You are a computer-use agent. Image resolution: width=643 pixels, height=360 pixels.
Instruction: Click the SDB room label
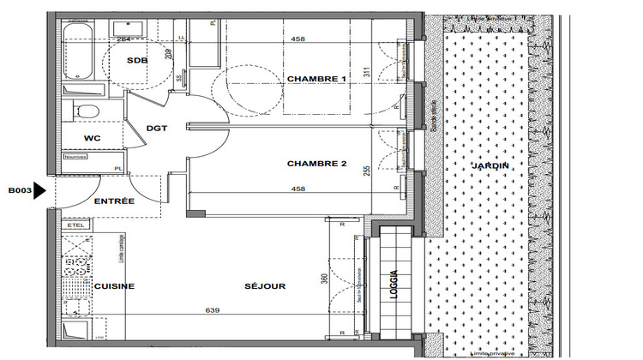click(x=135, y=61)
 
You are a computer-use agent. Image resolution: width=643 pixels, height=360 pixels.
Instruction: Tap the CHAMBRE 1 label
click(x=316, y=79)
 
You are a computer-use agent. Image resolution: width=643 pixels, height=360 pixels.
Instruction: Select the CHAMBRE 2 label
click(x=316, y=163)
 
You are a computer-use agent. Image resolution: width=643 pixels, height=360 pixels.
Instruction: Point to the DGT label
click(x=157, y=128)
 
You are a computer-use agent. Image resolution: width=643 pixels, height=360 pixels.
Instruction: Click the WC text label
click(x=93, y=138)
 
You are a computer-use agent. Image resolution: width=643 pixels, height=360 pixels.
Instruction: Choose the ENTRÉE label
click(x=113, y=201)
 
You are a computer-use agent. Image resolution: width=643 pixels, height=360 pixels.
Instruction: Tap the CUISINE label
click(x=114, y=286)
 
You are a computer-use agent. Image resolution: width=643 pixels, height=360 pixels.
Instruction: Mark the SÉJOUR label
click(x=265, y=286)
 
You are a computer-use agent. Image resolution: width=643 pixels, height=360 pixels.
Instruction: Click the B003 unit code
click(x=20, y=191)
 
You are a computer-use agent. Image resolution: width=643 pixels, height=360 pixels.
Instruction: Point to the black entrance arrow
click(x=39, y=192)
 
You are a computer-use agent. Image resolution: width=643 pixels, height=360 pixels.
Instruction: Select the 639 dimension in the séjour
click(x=211, y=309)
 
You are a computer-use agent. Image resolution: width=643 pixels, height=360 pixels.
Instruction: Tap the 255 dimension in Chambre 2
click(x=366, y=171)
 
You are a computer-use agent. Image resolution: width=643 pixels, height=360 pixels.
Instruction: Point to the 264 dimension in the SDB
click(x=123, y=39)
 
